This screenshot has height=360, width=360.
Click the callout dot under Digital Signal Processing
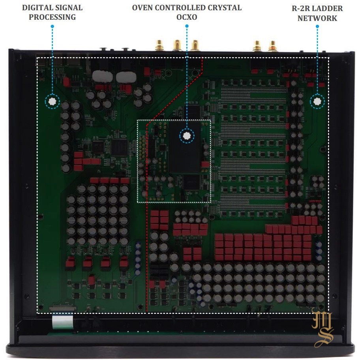[52, 101]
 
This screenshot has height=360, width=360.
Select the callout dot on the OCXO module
[187, 135]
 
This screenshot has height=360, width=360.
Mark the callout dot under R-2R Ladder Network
[317, 101]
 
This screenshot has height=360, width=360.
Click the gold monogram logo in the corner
[323, 328]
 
